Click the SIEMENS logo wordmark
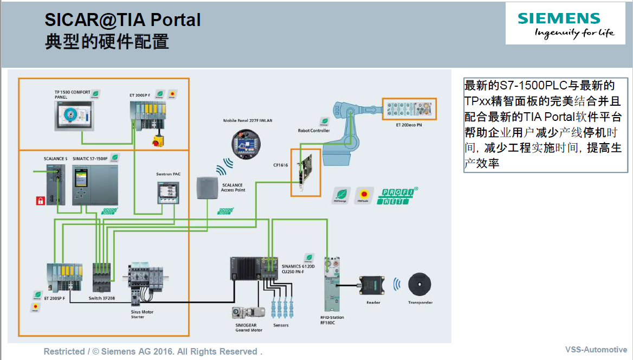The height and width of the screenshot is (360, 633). pos(559,18)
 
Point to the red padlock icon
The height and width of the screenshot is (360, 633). pos(40,201)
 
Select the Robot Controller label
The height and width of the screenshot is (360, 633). pos(314,131)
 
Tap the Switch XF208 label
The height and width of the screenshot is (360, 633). pos(102,298)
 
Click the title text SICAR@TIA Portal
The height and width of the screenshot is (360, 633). pos(122,20)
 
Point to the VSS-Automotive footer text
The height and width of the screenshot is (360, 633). pos(596,350)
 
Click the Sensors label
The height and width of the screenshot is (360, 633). pos(281,325)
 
